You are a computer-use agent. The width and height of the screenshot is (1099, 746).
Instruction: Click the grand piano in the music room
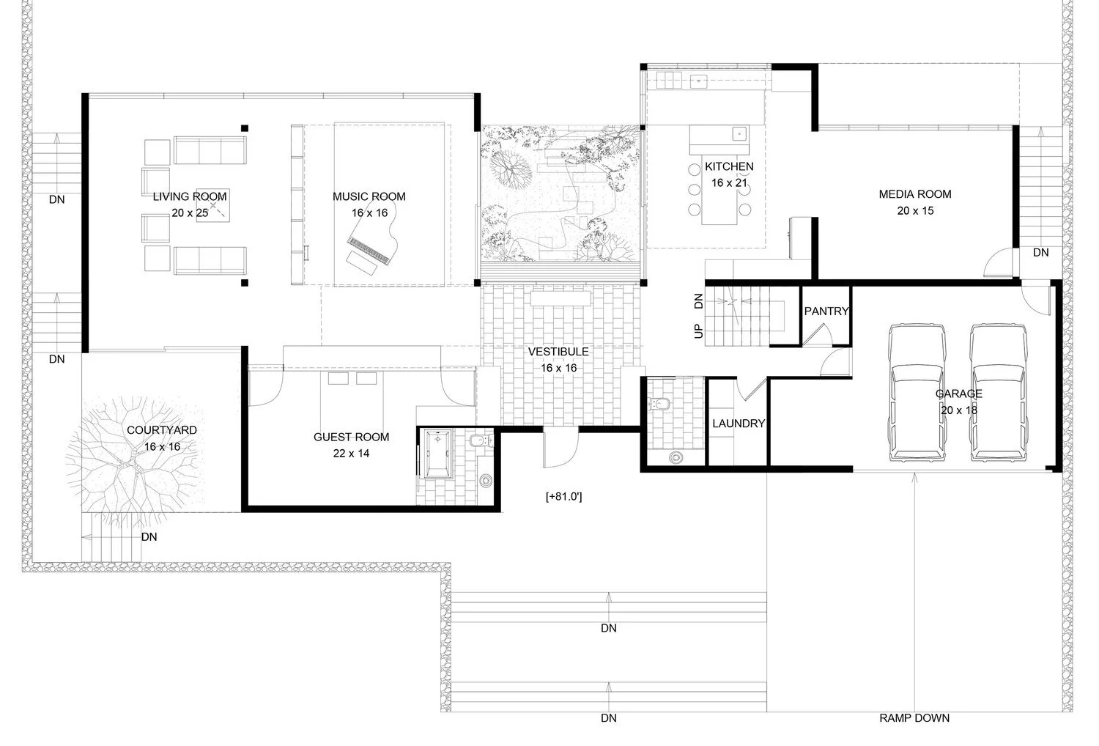pos(373,245)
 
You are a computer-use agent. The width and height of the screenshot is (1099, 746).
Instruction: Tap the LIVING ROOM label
pos(190,196)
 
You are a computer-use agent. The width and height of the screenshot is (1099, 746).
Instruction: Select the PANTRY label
pos(826,311)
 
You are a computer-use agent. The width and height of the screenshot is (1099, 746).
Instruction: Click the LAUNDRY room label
pos(739,423)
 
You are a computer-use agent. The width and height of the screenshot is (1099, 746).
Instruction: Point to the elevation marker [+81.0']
pos(563,496)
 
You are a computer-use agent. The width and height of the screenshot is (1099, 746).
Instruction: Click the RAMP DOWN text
pos(914,718)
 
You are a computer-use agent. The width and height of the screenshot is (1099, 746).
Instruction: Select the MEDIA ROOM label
pos(915,194)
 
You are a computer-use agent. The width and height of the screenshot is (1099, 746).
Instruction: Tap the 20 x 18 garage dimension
pos(958,410)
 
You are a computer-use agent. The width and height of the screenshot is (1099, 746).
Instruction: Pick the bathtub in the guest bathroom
pos(437,454)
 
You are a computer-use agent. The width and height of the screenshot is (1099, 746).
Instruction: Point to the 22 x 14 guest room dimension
pos(351,453)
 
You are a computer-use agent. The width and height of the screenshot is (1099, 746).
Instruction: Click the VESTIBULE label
pos(558,352)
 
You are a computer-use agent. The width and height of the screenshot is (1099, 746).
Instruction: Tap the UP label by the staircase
pos(699,331)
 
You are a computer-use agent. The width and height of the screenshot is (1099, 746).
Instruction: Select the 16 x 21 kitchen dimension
pos(729,182)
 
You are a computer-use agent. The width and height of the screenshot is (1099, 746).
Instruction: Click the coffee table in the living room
pos(213,205)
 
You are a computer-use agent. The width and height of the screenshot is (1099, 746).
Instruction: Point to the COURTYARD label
pos(162,430)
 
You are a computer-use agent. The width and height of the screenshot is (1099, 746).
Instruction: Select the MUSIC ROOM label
pos(369,196)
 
